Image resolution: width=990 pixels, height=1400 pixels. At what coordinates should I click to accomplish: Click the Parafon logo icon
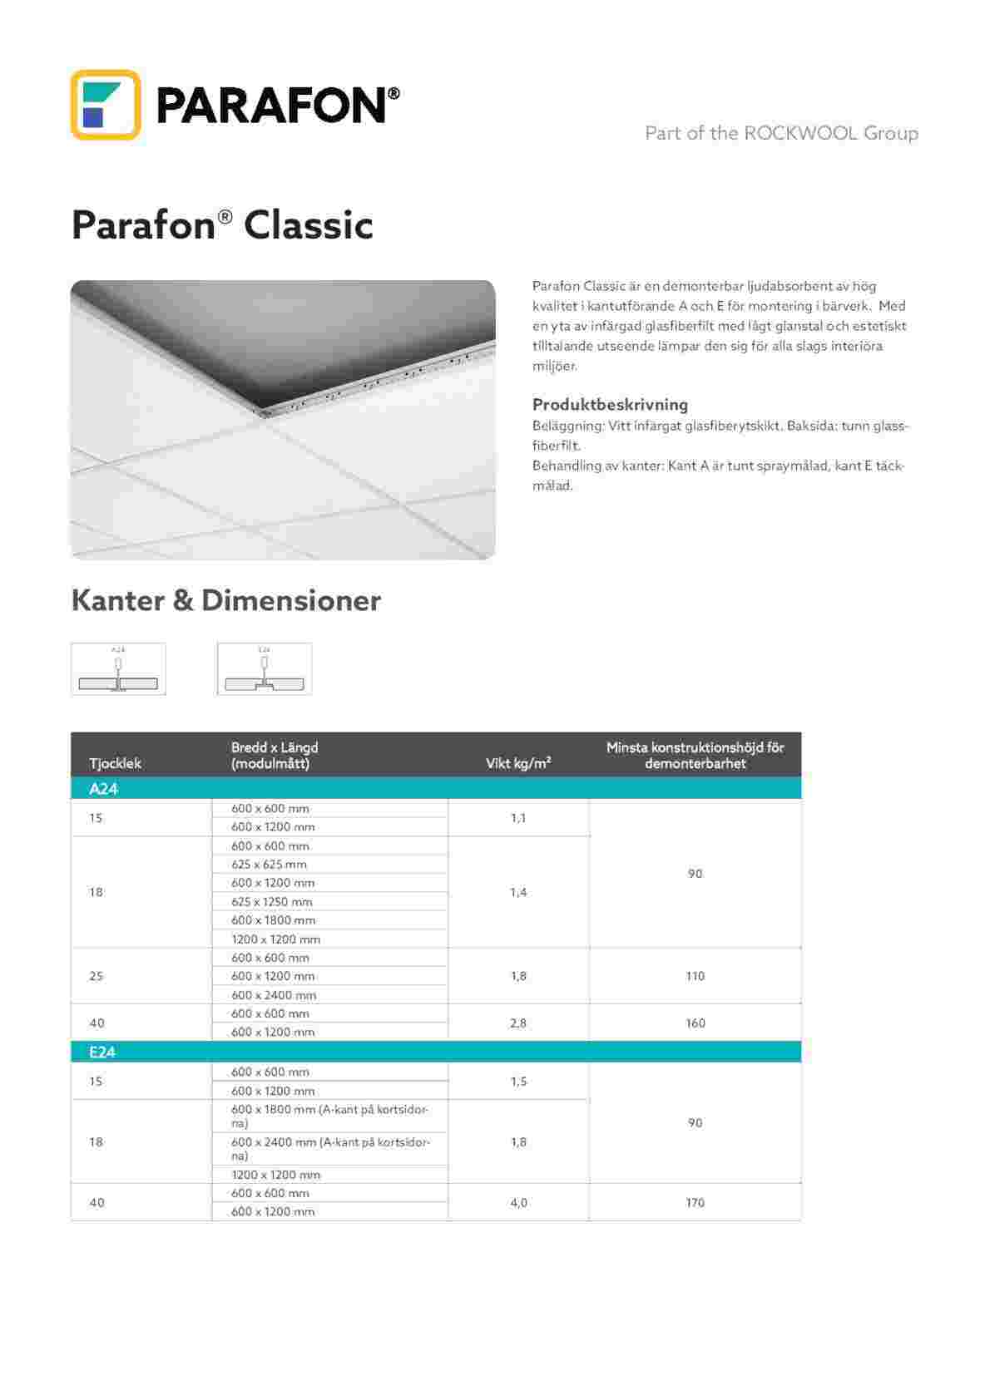(x=105, y=105)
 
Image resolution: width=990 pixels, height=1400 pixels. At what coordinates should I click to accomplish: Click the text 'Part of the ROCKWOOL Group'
(x=781, y=133)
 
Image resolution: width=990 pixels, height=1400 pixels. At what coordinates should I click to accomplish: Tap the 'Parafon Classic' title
(x=222, y=225)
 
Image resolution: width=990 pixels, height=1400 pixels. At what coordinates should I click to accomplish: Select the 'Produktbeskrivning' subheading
(x=610, y=405)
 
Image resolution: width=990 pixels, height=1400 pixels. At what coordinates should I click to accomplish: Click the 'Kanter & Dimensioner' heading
(x=225, y=600)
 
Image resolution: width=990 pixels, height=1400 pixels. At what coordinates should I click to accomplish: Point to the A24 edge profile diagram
(x=118, y=669)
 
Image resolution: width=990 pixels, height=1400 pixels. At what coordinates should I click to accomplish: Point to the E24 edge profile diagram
(x=265, y=669)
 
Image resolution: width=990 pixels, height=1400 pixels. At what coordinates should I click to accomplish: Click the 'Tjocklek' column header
(x=115, y=763)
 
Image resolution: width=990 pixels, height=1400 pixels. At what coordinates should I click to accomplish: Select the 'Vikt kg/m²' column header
(x=518, y=763)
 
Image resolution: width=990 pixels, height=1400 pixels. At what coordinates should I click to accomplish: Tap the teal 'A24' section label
(x=103, y=789)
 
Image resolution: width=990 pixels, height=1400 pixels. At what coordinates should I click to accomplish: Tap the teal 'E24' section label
(x=102, y=1052)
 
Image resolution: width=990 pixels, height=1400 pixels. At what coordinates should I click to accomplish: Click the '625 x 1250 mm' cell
(x=272, y=902)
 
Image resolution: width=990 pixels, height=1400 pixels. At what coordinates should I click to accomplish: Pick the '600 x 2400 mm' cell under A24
(x=274, y=995)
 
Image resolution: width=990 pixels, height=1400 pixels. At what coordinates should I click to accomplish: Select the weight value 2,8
(x=518, y=1023)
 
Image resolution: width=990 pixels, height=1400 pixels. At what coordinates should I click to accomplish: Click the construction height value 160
(x=695, y=1023)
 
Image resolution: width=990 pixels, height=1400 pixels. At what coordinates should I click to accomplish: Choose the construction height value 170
(x=695, y=1203)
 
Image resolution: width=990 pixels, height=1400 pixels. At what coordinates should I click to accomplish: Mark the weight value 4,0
(x=518, y=1203)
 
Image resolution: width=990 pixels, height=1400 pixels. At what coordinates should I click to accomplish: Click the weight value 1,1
(x=518, y=818)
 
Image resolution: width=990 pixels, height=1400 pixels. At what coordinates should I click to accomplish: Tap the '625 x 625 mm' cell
(x=269, y=865)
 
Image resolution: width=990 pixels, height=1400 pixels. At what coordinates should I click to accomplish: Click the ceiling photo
(x=283, y=420)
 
